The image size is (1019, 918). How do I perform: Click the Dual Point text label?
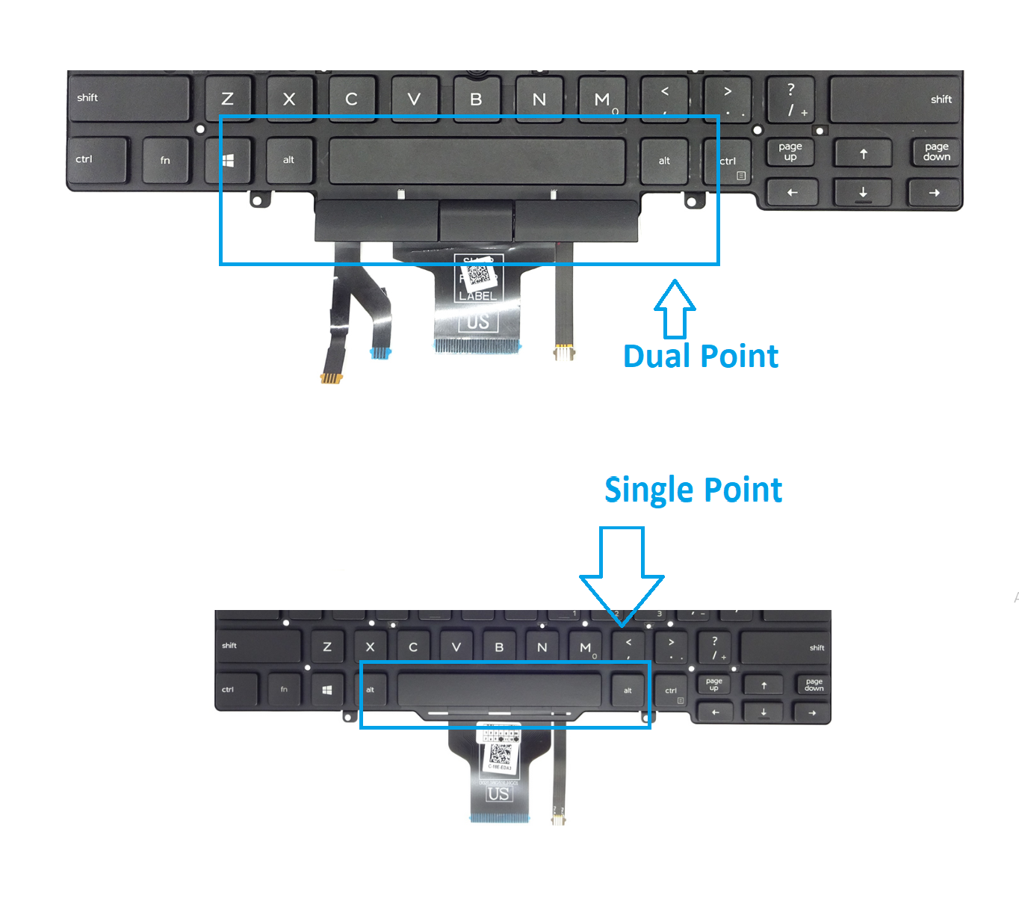tap(700, 356)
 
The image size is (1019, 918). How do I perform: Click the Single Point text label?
tap(693, 490)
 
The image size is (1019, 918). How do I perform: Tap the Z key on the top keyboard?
tap(228, 99)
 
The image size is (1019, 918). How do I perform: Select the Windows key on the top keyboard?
tap(228, 160)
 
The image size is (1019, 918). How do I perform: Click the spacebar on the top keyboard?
tap(477, 161)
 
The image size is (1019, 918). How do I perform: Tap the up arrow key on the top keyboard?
tap(863, 154)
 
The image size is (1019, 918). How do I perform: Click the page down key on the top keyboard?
tap(936, 153)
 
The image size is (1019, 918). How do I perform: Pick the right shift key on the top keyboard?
tap(894, 99)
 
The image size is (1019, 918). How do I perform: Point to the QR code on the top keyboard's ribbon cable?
tap(479, 275)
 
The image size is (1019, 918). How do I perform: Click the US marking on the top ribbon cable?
tap(478, 322)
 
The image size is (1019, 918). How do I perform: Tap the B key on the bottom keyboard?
tap(499, 647)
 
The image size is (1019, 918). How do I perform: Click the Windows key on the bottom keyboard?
tap(327, 690)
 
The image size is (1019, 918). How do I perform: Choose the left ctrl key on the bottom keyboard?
tap(236, 690)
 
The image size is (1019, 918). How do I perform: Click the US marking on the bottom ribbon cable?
tap(498, 794)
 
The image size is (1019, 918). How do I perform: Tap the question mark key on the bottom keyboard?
tap(716, 647)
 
